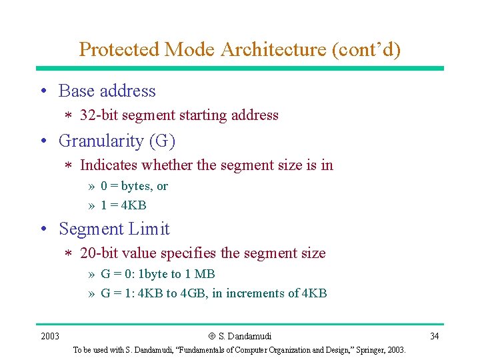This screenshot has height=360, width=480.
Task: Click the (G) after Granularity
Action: [162, 141]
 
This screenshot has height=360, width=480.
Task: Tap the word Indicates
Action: [109, 165]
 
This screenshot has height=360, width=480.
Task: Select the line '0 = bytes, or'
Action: [134, 187]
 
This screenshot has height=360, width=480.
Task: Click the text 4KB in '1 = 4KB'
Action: [133, 205]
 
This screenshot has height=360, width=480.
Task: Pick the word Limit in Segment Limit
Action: [149, 229]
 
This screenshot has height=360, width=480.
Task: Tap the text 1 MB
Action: [201, 274]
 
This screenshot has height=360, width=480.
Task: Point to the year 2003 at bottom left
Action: [50, 336]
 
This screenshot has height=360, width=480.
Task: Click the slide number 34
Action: [434, 336]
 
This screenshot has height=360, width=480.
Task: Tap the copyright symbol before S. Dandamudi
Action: [212, 336]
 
